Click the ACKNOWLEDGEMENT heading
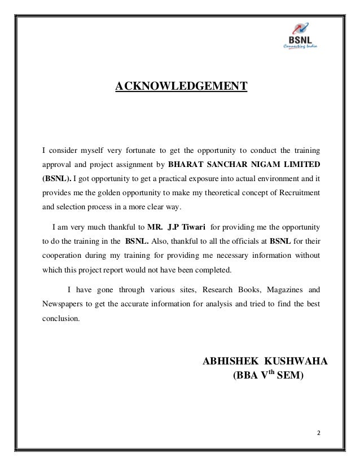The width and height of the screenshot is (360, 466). pos(181,86)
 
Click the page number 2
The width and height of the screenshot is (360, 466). pos(318,433)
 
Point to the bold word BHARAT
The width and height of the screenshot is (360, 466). pos(187,165)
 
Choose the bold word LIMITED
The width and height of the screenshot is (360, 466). pos(301,165)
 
